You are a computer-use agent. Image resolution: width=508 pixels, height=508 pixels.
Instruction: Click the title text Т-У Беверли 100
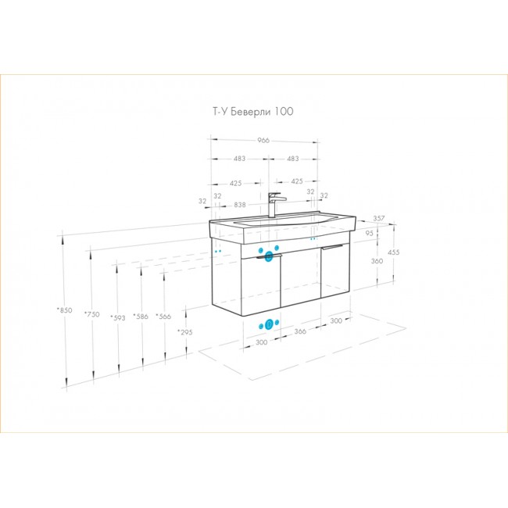tap(253, 112)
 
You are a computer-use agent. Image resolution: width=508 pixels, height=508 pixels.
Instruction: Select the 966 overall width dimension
tap(263, 140)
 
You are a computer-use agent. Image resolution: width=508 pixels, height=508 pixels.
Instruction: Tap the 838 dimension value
tap(240, 205)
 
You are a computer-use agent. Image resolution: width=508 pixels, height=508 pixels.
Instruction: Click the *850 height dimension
tap(64, 310)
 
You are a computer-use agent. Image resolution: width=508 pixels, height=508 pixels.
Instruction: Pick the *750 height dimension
tap(92, 314)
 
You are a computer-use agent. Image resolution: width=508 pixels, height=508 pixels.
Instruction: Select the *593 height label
tap(117, 317)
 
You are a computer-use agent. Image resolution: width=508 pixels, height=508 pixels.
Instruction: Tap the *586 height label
tap(141, 317)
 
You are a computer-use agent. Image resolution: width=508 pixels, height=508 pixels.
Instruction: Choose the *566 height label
tap(163, 316)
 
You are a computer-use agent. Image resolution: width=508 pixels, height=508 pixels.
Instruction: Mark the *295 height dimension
tap(185, 332)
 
